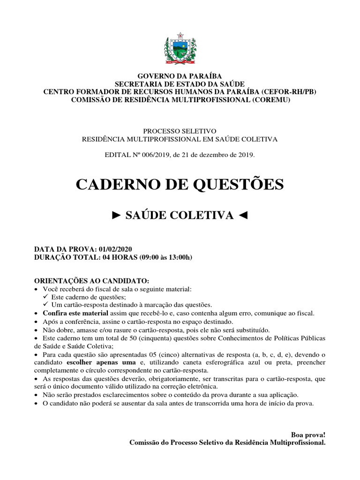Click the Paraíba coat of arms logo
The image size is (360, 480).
coord(180,48)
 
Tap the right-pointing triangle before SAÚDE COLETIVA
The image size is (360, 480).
coord(117,215)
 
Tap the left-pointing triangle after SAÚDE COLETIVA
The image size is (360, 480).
coord(242,215)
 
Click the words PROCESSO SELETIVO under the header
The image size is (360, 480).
coord(180,132)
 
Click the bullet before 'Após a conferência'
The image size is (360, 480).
coord(37,322)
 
